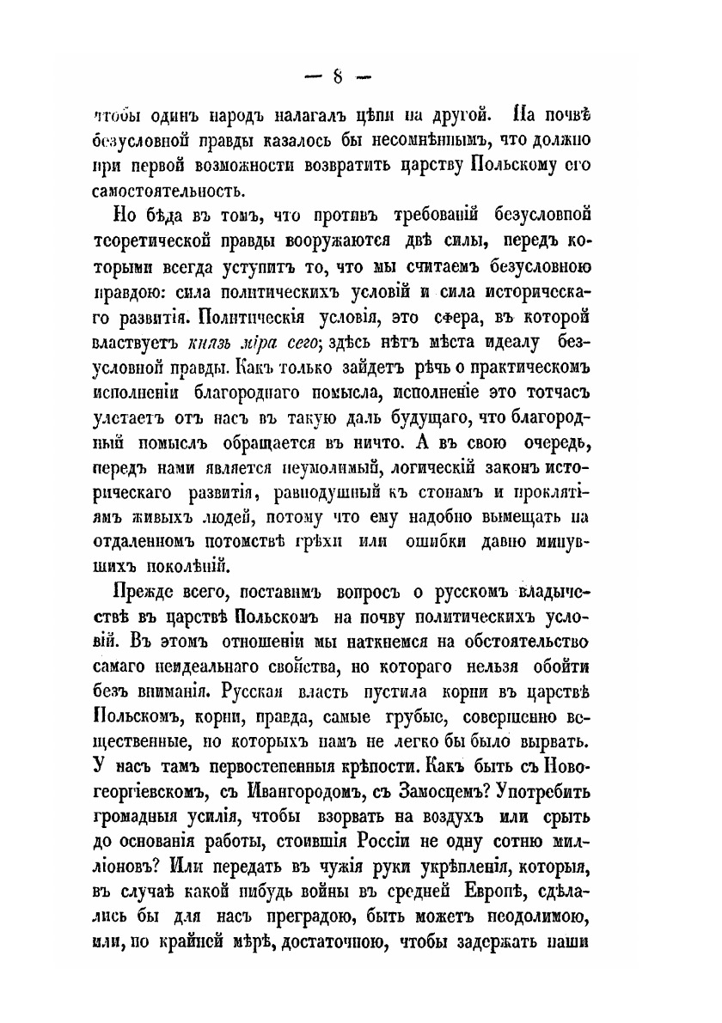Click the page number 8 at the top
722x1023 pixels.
(338, 76)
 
